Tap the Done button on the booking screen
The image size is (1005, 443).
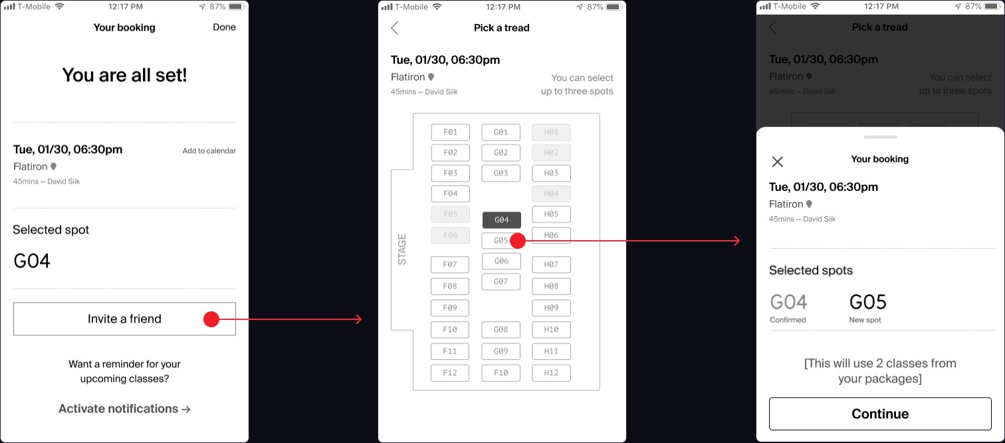[x=224, y=27]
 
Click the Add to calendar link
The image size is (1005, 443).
[x=209, y=151]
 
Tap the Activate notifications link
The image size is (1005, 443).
[x=124, y=409]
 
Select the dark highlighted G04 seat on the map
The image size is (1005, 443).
[x=502, y=220]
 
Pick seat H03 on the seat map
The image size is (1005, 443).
[x=552, y=173]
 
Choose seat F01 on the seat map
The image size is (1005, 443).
[x=451, y=132]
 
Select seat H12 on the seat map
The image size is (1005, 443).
[x=552, y=373]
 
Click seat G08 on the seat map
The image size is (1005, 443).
[x=501, y=329]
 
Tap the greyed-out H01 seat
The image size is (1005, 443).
[x=552, y=132]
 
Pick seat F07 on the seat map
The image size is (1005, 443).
[x=450, y=265]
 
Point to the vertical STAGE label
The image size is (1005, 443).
[x=402, y=249]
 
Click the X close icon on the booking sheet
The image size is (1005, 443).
[x=778, y=162]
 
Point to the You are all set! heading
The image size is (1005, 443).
[x=124, y=75]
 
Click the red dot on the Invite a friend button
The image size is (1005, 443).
[x=211, y=319]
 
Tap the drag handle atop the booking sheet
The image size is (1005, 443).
[x=880, y=137]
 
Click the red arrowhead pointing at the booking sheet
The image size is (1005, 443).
[x=737, y=241]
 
